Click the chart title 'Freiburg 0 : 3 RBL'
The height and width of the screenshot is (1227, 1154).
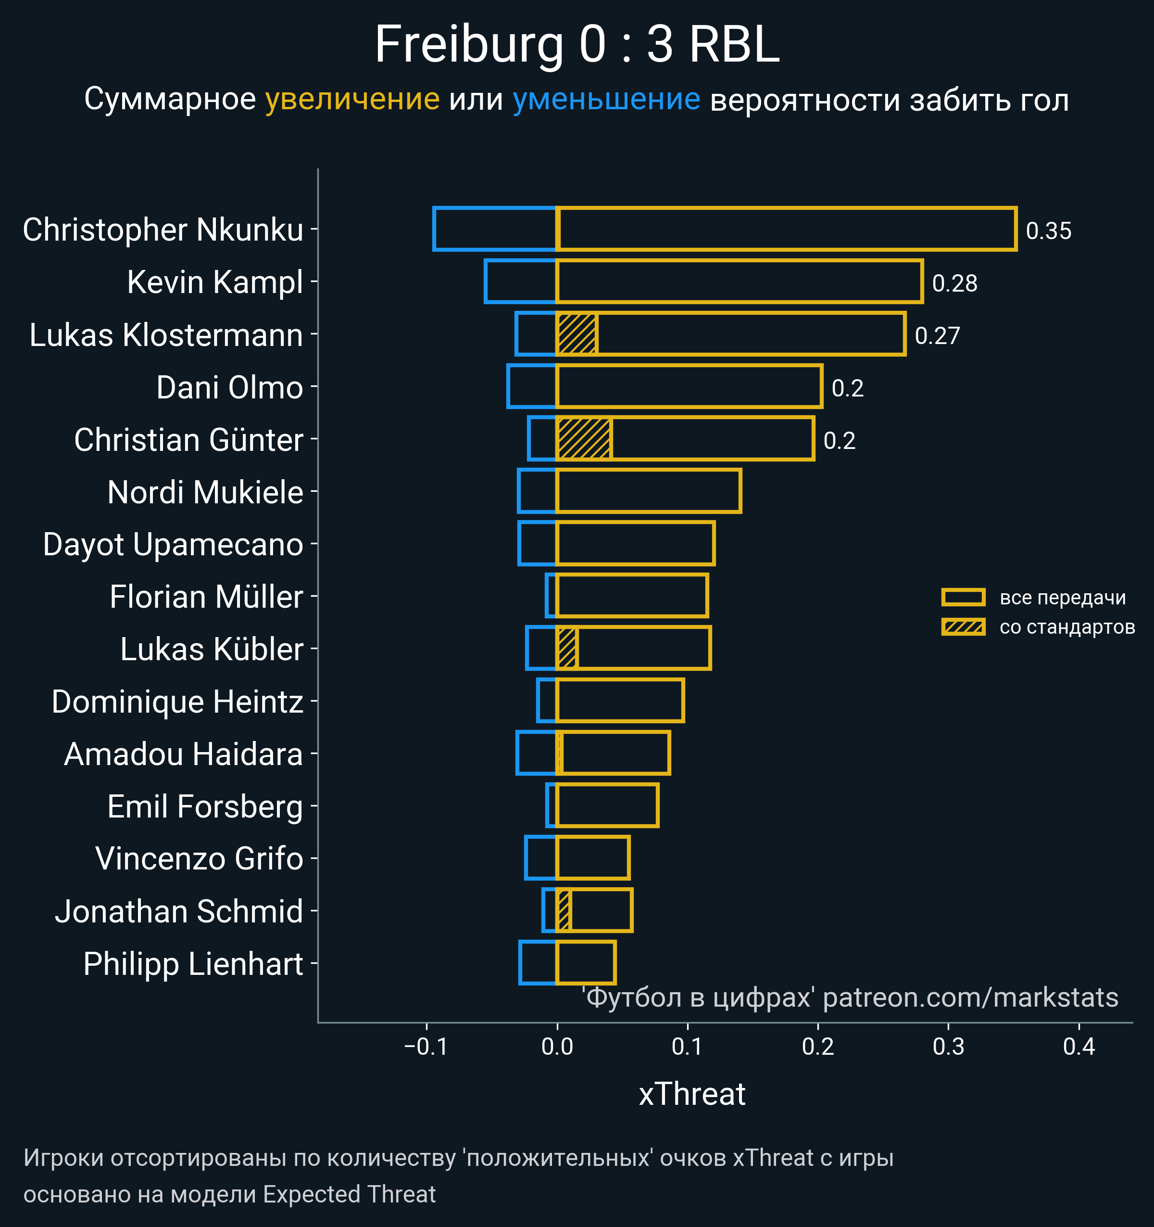[x=577, y=44]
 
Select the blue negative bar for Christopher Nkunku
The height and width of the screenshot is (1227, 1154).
[x=495, y=229]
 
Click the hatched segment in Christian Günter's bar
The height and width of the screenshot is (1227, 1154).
[x=583, y=439]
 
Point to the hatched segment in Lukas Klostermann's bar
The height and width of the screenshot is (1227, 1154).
[x=577, y=334]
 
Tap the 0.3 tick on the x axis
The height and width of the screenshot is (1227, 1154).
[x=948, y=1047]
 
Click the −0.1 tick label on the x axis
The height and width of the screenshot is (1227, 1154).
[x=426, y=1047]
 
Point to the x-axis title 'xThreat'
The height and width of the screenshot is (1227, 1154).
[x=692, y=1094]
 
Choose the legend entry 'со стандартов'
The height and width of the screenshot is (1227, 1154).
[x=1067, y=627]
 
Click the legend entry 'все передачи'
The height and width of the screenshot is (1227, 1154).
[x=1062, y=598]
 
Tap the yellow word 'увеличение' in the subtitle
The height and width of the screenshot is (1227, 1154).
[x=352, y=100]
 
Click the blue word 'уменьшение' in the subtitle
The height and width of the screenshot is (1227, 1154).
[x=606, y=100]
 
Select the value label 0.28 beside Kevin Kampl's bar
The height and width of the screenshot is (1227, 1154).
[x=954, y=283]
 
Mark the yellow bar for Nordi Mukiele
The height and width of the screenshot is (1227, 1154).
[x=648, y=491]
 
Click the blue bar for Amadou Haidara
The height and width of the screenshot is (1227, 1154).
[x=537, y=753]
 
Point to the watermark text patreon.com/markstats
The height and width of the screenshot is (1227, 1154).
[x=970, y=998]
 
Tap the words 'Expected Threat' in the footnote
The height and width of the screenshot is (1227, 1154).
[x=349, y=1194]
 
